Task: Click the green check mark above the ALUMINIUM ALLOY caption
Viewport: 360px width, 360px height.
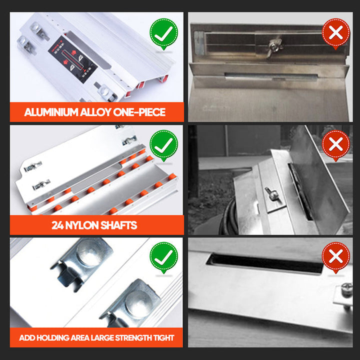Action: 163,33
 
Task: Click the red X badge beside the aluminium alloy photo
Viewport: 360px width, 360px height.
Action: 335,33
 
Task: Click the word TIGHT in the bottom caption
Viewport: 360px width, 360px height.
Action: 164,337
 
